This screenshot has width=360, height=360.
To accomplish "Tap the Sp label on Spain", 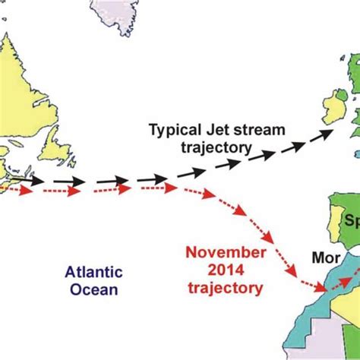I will coord(350,222).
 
